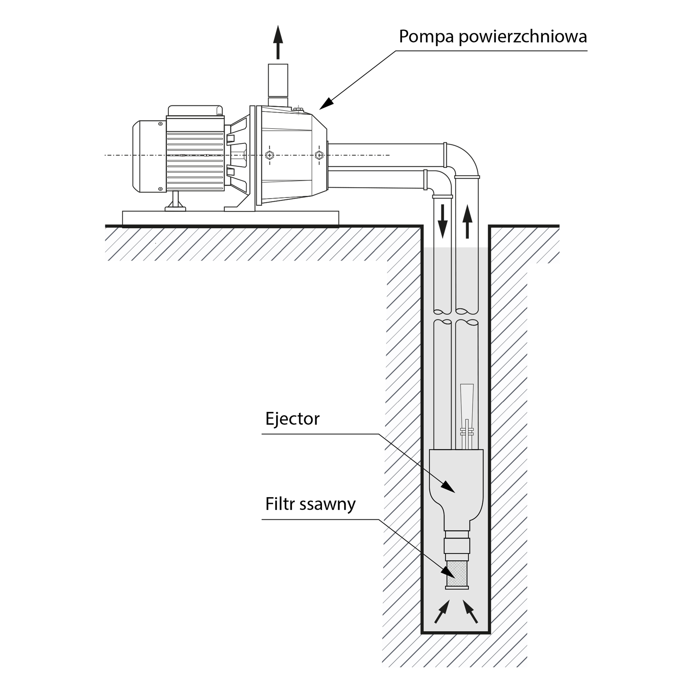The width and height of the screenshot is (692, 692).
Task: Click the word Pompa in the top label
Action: coord(427,37)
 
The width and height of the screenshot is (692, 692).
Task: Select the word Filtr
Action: coord(280,504)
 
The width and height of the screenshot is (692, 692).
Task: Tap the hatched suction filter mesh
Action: coord(457,576)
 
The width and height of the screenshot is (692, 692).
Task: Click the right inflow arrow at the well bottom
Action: coord(470,612)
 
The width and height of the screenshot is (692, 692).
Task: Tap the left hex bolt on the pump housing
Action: coord(270,155)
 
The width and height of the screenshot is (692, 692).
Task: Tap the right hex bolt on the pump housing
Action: coord(318,155)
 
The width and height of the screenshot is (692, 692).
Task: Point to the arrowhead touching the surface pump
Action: coord(326,104)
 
